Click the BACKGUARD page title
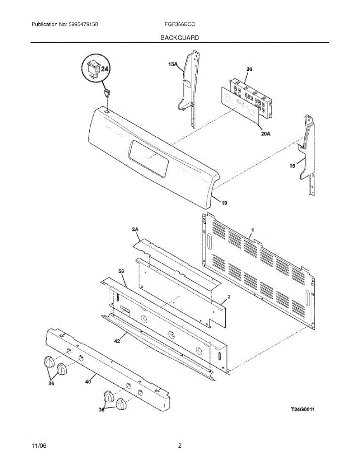click(179, 38)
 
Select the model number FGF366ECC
click(179, 24)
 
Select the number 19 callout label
click(224, 203)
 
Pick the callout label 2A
click(135, 230)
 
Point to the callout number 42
click(117, 341)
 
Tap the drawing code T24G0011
click(303, 409)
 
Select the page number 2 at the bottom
click(179, 446)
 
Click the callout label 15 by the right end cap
click(292, 166)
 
